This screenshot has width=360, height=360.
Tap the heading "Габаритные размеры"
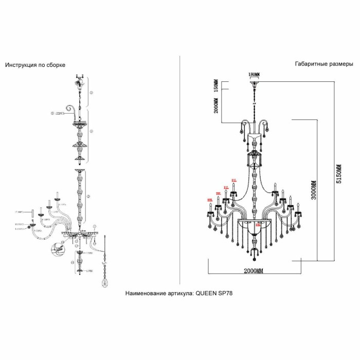[x=324, y=64]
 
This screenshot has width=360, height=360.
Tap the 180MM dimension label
[x=254, y=75]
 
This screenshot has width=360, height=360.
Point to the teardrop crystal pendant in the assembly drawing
[x=105, y=283]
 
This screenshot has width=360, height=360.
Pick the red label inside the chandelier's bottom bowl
[x=259, y=224]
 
